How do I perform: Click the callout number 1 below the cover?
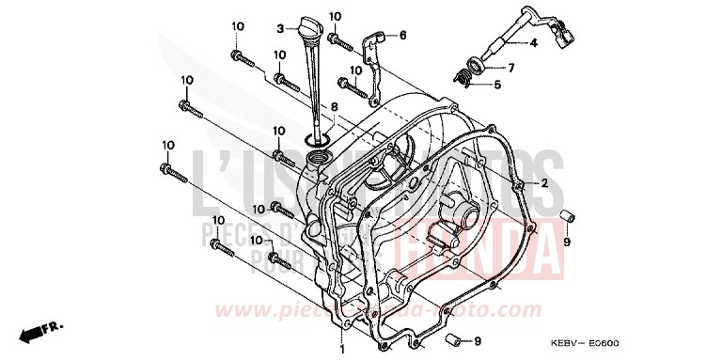pyautogui.click(x=343, y=350)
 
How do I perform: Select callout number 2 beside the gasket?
pyautogui.click(x=543, y=182)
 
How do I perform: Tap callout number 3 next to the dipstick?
pyautogui.click(x=280, y=29)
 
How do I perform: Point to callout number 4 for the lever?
pyautogui.click(x=532, y=43)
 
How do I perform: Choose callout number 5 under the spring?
pyautogui.click(x=497, y=85)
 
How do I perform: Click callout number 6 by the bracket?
pyautogui.click(x=403, y=36)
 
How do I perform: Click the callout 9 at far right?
pyautogui.click(x=567, y=242)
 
